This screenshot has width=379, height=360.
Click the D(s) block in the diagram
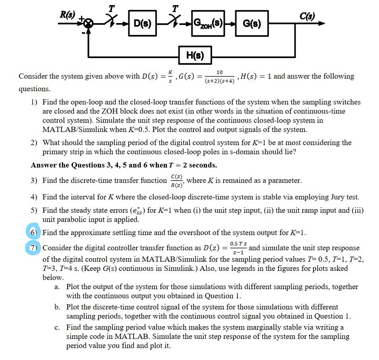coord(142,23)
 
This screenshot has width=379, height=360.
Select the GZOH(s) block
coord(207,23)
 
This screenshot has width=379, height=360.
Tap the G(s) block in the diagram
coord(251,23)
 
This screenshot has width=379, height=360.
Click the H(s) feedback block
coord(195,56)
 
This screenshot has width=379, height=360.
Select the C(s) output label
coord(307,16)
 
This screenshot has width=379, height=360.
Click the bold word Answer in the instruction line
coord(43,165)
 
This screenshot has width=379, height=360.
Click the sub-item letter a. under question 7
coord(58,287)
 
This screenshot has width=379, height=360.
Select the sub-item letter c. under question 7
coord(58,327)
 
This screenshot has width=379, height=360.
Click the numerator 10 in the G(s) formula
coord(219,72)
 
